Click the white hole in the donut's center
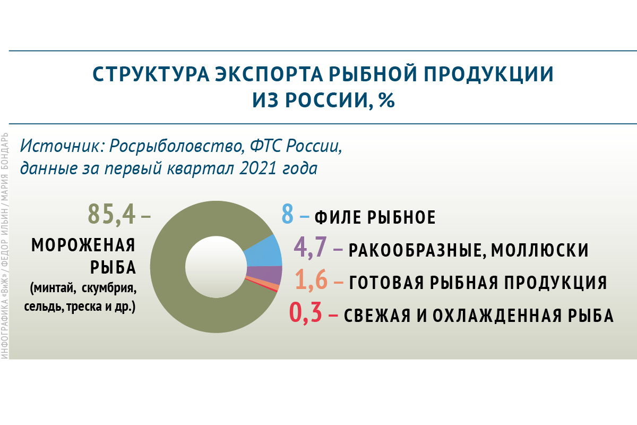(216, 267)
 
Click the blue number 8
(287, 214)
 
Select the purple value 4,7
(309, 248)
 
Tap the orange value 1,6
(311, 280)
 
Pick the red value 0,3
(305, 312)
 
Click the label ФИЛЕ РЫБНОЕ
(375, 217)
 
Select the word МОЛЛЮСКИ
(539, 250)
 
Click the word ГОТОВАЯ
(386, 283)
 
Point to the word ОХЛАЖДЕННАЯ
(497, 316)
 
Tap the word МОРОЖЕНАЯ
(83, 245)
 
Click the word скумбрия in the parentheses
(109, 288)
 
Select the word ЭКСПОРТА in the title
(269, 74)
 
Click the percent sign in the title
(387, 100)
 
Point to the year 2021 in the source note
(258, 168)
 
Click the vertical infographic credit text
(5, 245)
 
